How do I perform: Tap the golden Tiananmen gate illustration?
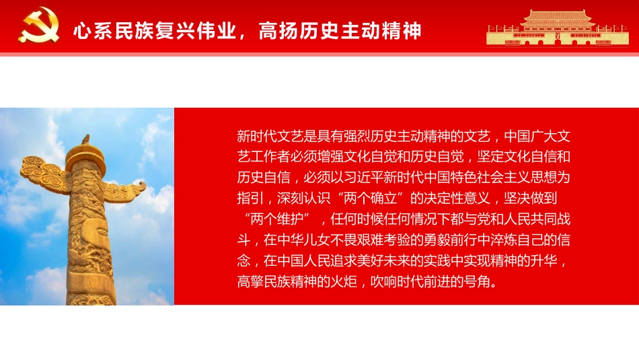pyautogui.click(x=558, y=28)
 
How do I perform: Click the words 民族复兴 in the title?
pyautogui.click(x=144, y=31)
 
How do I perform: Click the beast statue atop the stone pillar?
pyautogui.click(x=85, y=140)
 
